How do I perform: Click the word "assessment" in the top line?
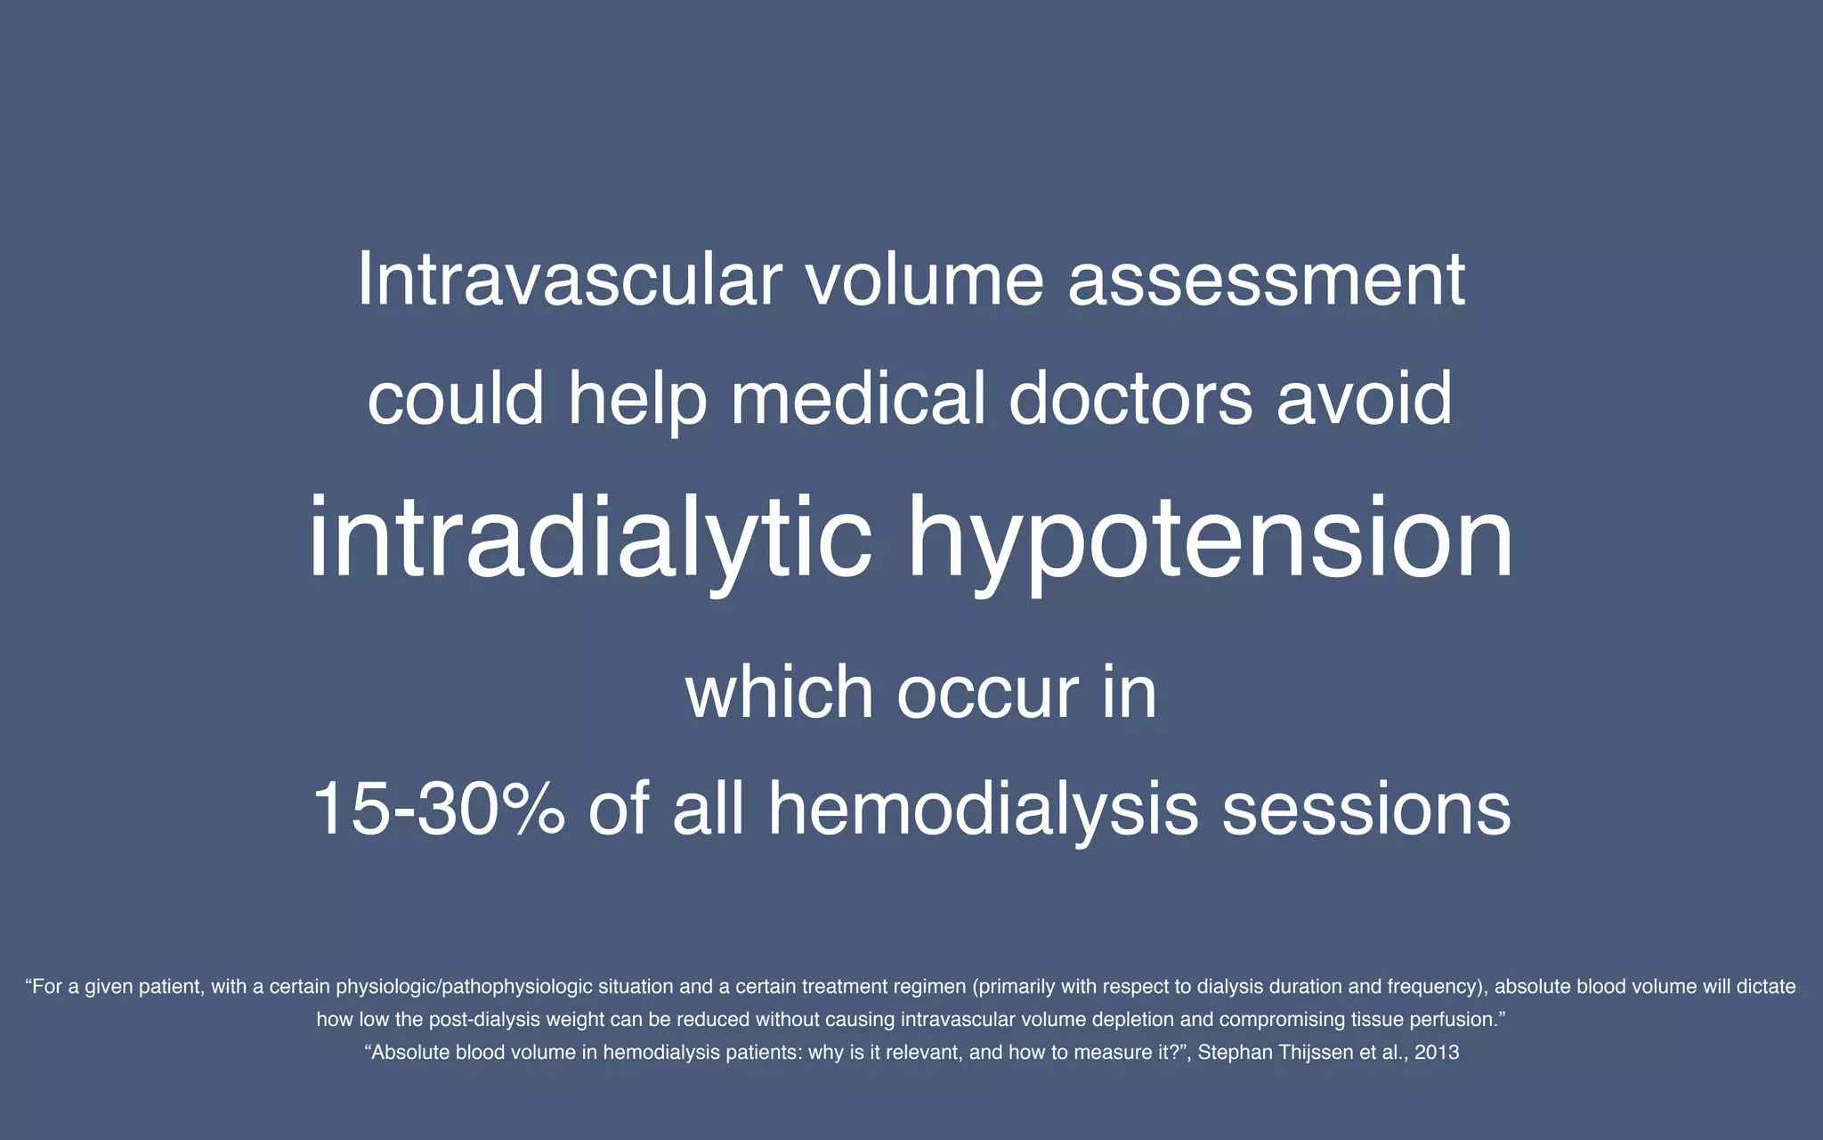click(1266, 280)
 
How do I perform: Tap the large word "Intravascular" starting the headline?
click(570, 280)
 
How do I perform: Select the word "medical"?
click(857, 398)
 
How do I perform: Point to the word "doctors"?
click(1130, 398)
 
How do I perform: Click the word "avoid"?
click(1364, 398)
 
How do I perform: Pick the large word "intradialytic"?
click(589, 540)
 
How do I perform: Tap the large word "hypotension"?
click(1210, 540)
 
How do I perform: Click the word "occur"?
click(987, 692)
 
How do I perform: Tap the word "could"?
click(456, 398)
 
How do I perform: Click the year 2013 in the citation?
click(1437, 1053)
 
